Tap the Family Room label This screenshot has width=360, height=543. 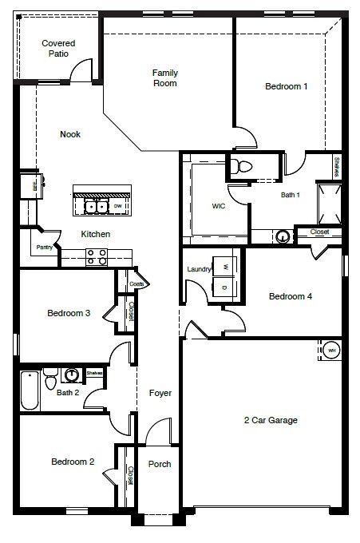click(x=165, y=77)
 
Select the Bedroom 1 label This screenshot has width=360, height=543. click(x=287, y=86)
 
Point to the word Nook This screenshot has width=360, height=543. click(x=70, y=134)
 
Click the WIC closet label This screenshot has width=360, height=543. click(x=219, y=205)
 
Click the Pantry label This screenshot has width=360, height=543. click(x=44, y=248)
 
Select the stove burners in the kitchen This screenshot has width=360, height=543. click(x=97, y=256)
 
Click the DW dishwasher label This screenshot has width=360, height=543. click(x=117, y=206)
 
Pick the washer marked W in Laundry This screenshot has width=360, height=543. click(x=225, y=267)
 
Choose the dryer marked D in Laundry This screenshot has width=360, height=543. click(x=225, y=287)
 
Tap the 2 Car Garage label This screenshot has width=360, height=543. click(x=271, y=420)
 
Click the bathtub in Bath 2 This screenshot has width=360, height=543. click(x=30, y=390)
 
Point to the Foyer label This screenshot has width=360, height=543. click(x=160, y=393)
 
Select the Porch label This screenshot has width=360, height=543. click(x=160, y=464)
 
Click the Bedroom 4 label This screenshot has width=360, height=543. click(x=290, y=296)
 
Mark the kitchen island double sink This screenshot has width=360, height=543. click(x=96, y=206)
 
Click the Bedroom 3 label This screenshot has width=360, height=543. click(x=69, y=313)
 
